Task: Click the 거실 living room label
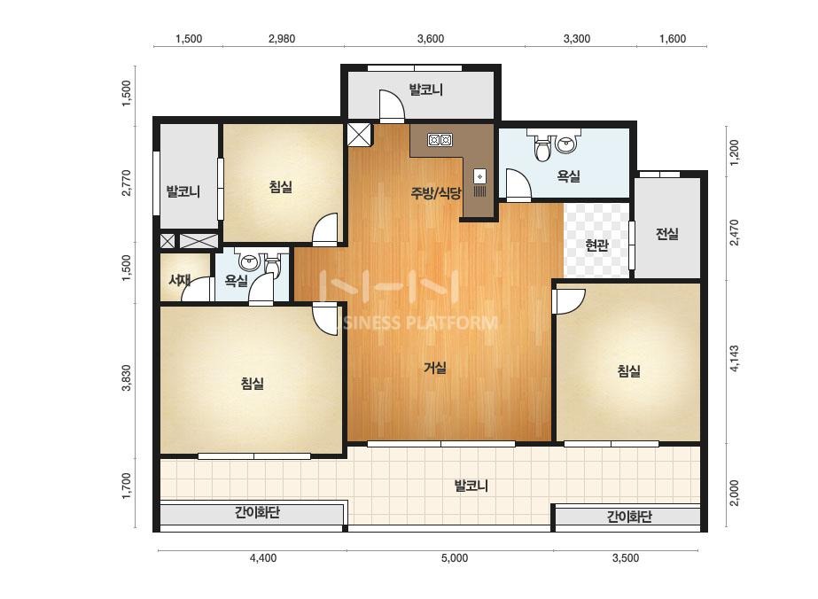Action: tap(434, 368)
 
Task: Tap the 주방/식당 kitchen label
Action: tap(436, 193)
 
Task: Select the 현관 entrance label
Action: tap(596, 245)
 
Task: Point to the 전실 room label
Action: tap(667, 234)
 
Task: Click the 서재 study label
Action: tap(179, 280)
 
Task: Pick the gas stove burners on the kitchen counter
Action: tap(440, 140)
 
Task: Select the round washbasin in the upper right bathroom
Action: tap(566, 144)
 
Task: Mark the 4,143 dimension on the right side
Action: tap(734, 359)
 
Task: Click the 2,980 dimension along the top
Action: tap(282, 39)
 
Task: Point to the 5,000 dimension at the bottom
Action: tap(455, 558)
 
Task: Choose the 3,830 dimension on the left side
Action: tap(126, 377)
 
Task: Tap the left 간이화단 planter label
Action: tap(257, 512)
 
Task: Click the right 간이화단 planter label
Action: tap(629, 517)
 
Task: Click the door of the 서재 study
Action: tap(197, 289)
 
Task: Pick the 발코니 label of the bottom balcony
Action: tap(471, 486)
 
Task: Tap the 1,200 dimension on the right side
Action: tap(734, 152)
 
